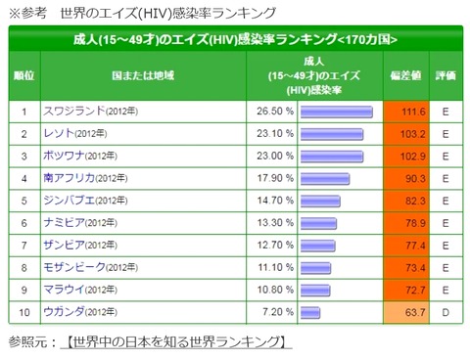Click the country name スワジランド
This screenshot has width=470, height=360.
pyautogui.click(x=74, y=112)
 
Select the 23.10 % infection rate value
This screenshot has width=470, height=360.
pyautogui.click(x=275, y=133)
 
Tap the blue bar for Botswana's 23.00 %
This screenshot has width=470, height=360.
pyautogui.click(x=332, y=157)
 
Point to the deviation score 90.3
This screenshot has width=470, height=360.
pyautogui.click(x=415, y=178)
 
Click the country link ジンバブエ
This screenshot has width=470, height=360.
pyautogui.click(x=69, y=201)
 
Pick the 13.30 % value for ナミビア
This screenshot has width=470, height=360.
pyautogui.click(x=275, y=223)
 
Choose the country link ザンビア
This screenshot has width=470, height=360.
pyautogui.click(x=64, y=245)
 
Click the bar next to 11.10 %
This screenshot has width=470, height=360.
pyautogui.click(x=315, y=268)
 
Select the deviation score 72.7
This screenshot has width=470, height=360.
pyautogui.click(x=415, y=290)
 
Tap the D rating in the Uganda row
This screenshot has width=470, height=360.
pyautogui.click(x=446, y=312)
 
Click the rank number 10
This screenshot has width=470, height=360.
pyautogui.click(x=24, y=312)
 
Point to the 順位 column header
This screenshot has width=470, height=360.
pyautogui.click(x=24, y=75)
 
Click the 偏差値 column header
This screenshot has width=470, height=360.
pyautogui.click(x=405, y=75)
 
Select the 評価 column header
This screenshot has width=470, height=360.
pyautogui.click(x=446, y=75)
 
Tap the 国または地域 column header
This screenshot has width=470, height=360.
pyautogui.click(x=143, y=75)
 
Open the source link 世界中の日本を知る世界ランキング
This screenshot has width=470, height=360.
pyautogui.click(x=176, y=341)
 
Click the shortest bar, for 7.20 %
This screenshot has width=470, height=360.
pyautogui.click(x=310, y=313)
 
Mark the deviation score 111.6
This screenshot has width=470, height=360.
pyautogui.click(x=413, y=112)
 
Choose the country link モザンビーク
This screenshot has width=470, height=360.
pyautogui.click(x=74, y=267)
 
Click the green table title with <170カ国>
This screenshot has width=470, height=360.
pyautogui.click(x=235, y=39)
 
